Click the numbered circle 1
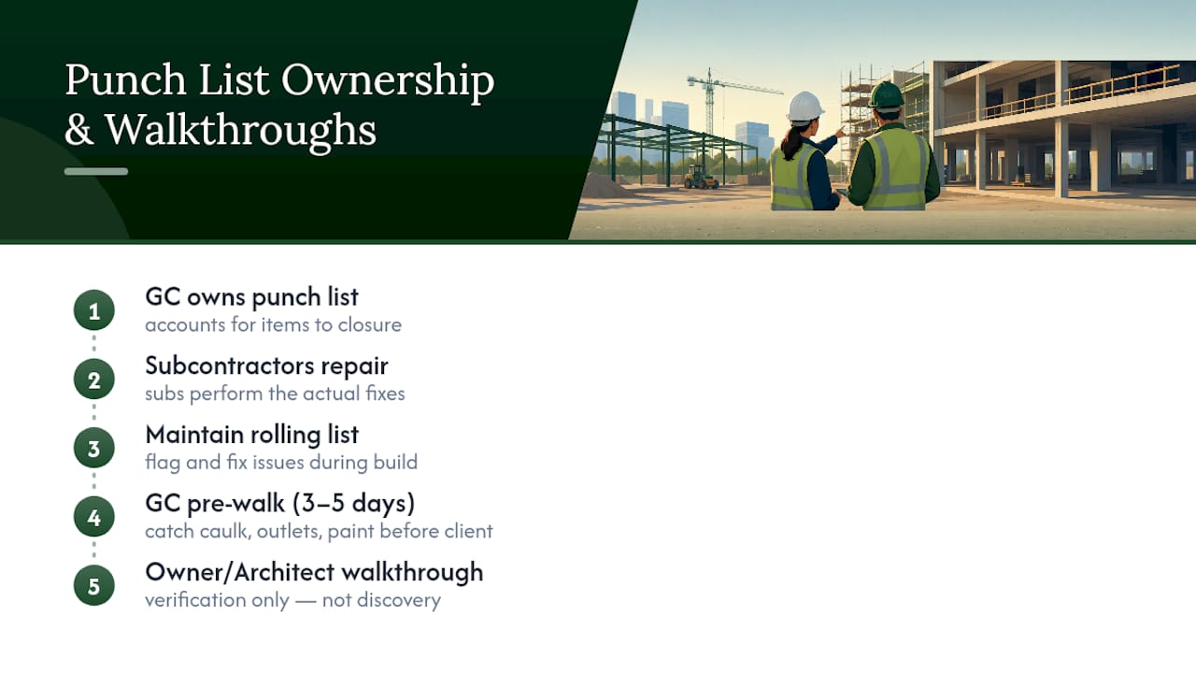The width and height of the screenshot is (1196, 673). (x=94, y=310)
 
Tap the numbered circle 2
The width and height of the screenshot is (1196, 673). (x=94, y=379)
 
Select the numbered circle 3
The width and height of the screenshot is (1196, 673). (x=94, y=448)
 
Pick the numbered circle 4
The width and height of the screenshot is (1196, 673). (x=94, y=517)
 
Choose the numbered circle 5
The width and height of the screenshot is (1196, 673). (x=94, y=586)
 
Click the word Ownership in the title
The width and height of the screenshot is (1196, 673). (x=388, y=80)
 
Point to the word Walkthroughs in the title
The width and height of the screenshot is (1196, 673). (x=240, y=130)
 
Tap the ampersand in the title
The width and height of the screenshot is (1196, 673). (x=79, y=130)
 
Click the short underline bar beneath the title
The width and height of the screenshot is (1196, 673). (x=96, y=171)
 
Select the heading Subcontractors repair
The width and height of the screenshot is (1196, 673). (x=266, y=365)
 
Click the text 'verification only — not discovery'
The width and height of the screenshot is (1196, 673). (x=292, y=600)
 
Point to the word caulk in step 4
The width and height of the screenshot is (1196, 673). (x=225, y=531)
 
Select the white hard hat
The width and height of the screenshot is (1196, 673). (x=804, y=107)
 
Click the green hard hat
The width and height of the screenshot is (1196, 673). (x=887, y=95)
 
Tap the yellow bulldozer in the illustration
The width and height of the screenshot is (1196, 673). (x=701, y=177)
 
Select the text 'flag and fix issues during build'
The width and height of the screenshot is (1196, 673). (x=281, y=462)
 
